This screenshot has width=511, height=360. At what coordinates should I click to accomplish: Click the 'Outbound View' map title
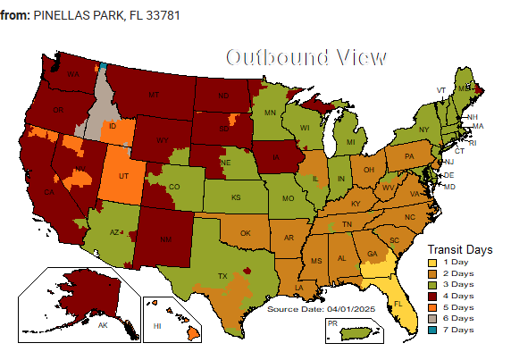click(306, 58)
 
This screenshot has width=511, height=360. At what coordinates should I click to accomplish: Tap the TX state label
click(223, 276)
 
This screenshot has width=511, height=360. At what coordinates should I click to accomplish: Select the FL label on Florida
click(398, 303)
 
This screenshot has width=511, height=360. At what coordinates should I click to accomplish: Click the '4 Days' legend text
click(457, 296)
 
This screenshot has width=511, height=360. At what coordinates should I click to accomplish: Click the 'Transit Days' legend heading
click(460, 248)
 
